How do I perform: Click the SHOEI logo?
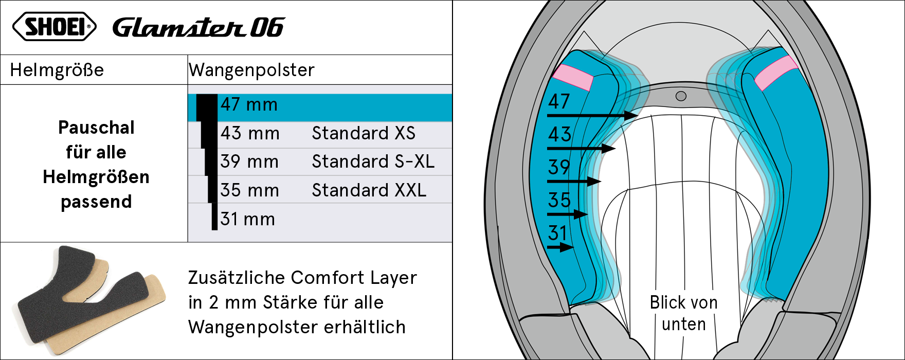coord(54,27)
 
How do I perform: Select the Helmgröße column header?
coord(57,70)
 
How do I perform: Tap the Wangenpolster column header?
coord(251,70)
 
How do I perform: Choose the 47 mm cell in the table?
coord(249,104)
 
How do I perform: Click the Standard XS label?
coord(364,133)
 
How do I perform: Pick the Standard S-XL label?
coord(373,161)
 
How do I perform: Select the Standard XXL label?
coord(369,190)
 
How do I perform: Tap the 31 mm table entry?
coord(248,219)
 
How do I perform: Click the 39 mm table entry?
coord(249,161)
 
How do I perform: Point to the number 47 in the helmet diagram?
coord(559,101)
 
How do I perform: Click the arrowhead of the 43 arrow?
coord(609,149)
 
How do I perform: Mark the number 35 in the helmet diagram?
coord(559,200)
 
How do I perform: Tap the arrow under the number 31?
coord(560,247)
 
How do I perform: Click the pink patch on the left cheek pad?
coord(573,78)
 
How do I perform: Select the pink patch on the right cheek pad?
coord(776,73)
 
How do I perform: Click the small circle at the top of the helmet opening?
coord(681,96)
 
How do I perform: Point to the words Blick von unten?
coord(684,313)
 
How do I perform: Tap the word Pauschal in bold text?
coord(96,128)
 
